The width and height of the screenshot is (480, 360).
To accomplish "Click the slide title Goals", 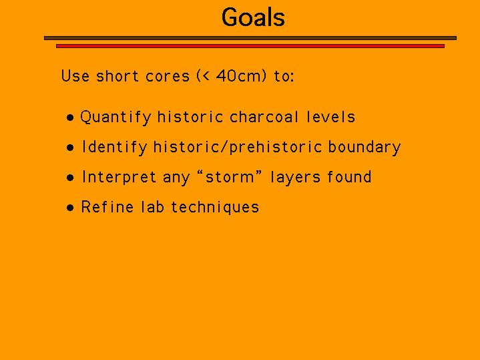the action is pos(253,17).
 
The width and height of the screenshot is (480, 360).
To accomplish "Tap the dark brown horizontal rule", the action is pos(250,38).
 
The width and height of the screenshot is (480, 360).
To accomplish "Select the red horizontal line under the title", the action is pos(250,46).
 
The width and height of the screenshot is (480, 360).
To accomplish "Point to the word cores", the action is pos(168,76).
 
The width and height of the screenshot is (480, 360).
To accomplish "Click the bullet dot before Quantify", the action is pos(70,118).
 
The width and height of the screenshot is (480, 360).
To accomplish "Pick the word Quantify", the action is pos(115,118).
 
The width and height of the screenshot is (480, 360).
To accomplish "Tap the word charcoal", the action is pos(264,117).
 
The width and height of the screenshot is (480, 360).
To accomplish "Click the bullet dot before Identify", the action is pos(70,148).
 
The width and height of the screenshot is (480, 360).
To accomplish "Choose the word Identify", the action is pos(114,148).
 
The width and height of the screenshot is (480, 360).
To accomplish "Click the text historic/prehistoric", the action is pos(237,147).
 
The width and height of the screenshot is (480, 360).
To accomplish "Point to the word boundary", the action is pos(365,148).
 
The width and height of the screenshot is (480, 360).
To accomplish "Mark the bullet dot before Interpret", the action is pos(70,178).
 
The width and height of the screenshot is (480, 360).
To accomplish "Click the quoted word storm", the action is pos(230,178).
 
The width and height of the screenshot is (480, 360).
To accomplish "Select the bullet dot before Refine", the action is pos(70,208).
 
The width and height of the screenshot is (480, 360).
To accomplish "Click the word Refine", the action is pos(107,207).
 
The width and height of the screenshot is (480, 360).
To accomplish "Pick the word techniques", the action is pos(215,208).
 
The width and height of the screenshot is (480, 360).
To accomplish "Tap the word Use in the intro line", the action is pos(75,75).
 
